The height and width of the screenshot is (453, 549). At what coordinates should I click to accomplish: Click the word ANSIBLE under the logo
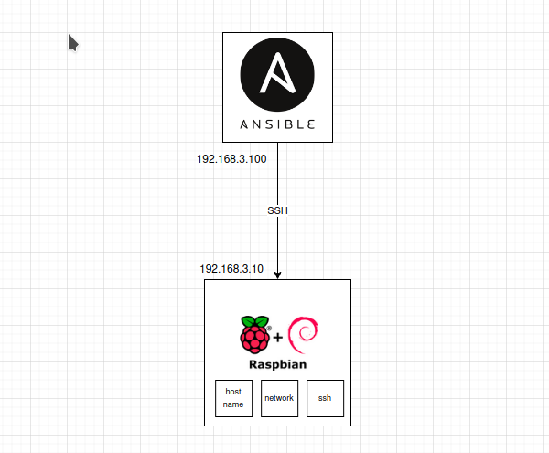[277, 124]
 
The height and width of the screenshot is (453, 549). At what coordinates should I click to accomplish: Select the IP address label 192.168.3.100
[231, 159]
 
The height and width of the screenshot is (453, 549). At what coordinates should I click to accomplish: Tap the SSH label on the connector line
[277, 210]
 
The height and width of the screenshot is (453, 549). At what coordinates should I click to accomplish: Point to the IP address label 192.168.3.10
[231, 269]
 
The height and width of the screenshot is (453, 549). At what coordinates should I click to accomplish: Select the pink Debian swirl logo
[303, 336]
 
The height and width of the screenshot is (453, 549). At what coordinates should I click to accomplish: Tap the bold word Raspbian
[277, 364]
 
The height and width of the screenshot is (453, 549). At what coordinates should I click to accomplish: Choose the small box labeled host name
[233, 398]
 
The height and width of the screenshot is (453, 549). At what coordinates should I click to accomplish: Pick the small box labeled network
[279, 398]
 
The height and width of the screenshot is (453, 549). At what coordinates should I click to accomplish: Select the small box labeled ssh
[325, 398]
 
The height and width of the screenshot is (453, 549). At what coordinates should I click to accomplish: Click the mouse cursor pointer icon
[73, 42]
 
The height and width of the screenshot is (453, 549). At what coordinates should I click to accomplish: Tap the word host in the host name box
[233, 392]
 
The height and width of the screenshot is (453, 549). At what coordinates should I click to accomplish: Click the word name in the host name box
[233, 404]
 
